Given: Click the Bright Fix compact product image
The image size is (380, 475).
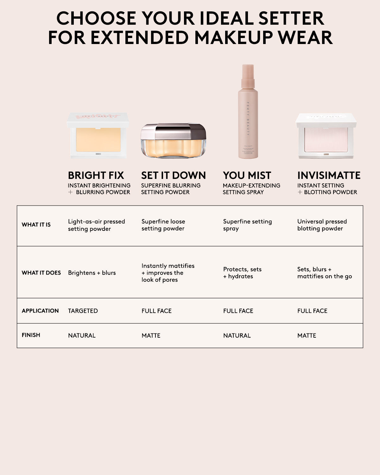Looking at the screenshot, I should pos(98,136).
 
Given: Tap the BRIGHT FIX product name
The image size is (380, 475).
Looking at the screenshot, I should pos(96,175).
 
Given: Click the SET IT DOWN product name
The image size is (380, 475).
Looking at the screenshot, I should pos(174,175).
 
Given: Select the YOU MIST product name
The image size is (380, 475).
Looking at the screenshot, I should pos(247,175).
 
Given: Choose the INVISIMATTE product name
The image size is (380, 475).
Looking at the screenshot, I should pos(329,175).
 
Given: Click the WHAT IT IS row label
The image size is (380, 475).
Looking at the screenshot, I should pos(36,225).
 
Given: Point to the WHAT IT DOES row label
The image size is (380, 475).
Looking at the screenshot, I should pos(41,273).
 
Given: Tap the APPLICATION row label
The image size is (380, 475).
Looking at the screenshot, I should pos(40,311).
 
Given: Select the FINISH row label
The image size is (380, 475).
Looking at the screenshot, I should pos(31,335).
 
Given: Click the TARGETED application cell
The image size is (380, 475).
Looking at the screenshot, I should pos(83,311).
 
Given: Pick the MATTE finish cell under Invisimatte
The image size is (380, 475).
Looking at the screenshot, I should pos(307,335).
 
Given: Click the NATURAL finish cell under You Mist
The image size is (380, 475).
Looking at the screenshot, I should pos(237,335).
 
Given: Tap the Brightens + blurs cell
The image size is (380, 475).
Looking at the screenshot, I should pos(92,273).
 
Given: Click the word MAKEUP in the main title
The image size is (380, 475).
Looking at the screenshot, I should pos(233,38).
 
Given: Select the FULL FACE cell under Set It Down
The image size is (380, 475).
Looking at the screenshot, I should pos(156,311).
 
